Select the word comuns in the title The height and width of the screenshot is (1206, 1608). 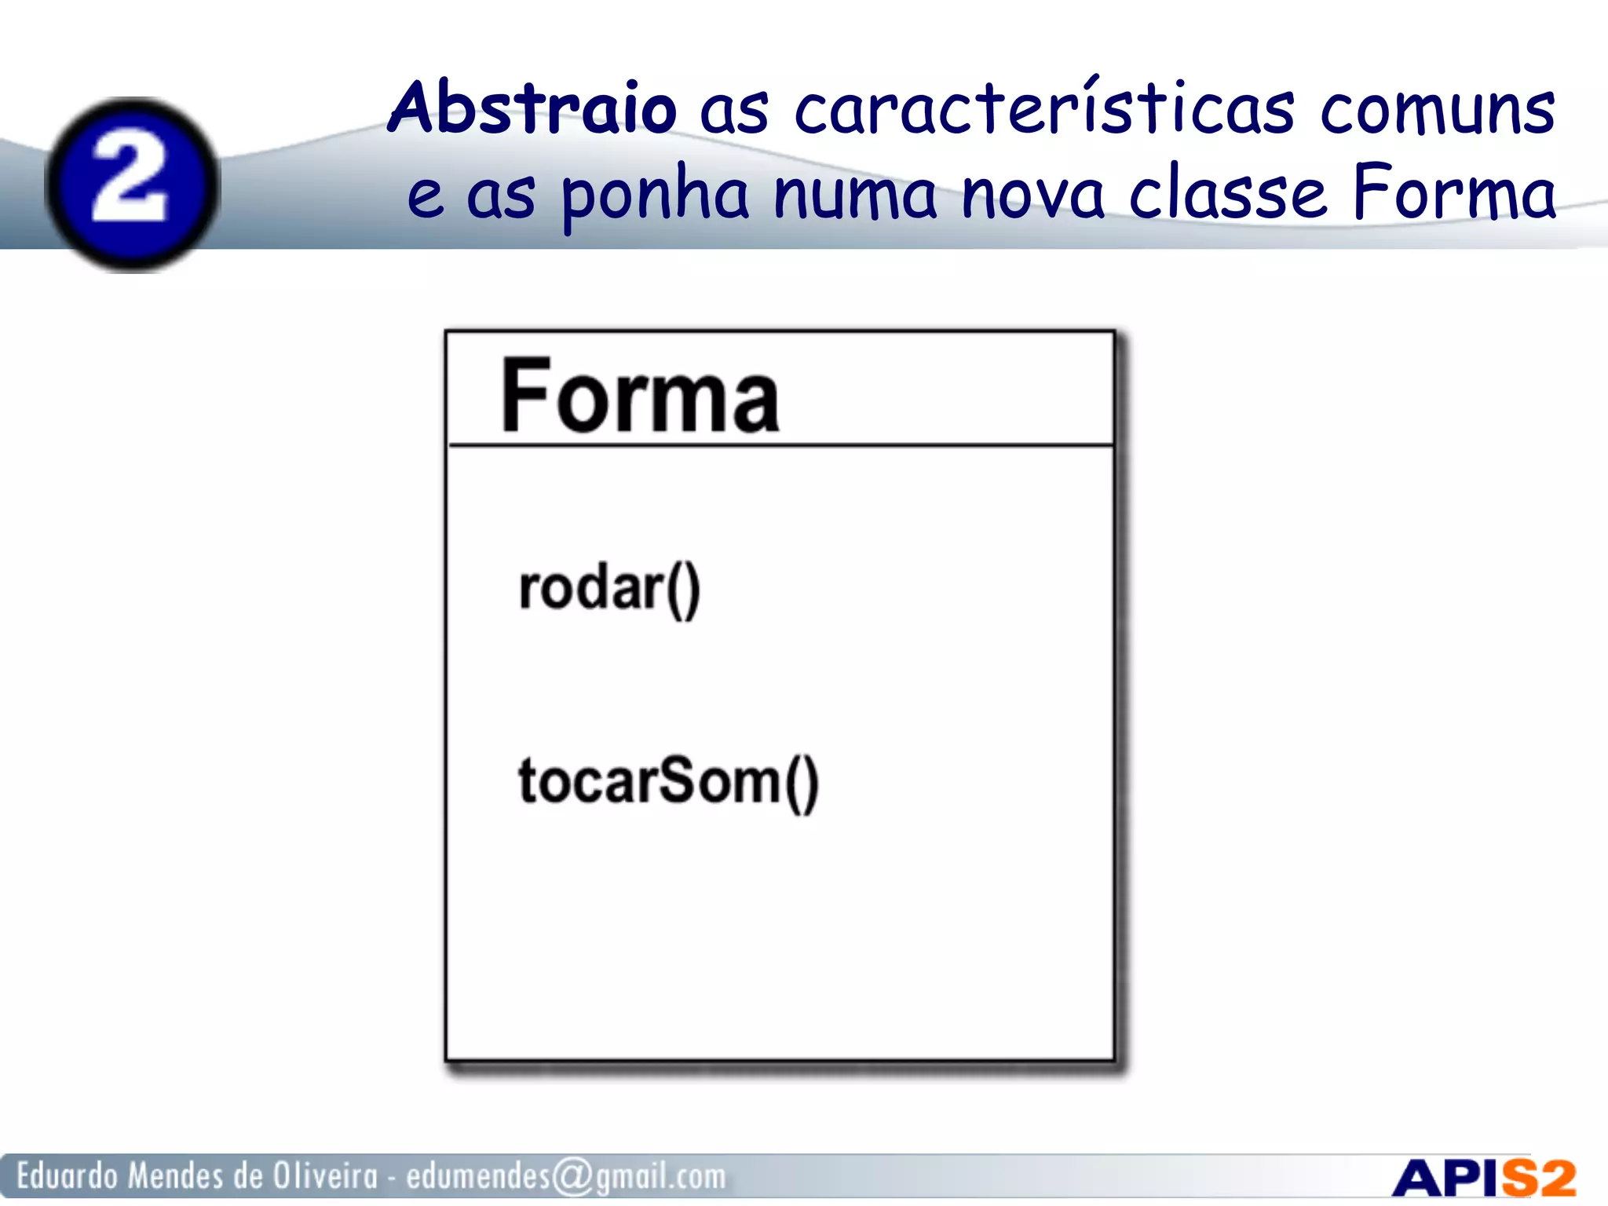tap(1437, 110)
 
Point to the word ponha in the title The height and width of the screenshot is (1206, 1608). tap(655, 196)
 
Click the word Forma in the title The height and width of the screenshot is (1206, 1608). tap(1453, 192)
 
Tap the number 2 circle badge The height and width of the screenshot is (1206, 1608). tap(131, 184)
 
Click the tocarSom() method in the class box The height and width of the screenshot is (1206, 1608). tap(668, 782)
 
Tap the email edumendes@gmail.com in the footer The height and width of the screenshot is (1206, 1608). tap(565, 1176)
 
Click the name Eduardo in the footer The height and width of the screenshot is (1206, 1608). tap(68, 1176)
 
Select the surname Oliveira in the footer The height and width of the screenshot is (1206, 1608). tap(325, 1176)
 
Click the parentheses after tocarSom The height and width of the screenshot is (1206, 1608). tap(801, 784)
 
